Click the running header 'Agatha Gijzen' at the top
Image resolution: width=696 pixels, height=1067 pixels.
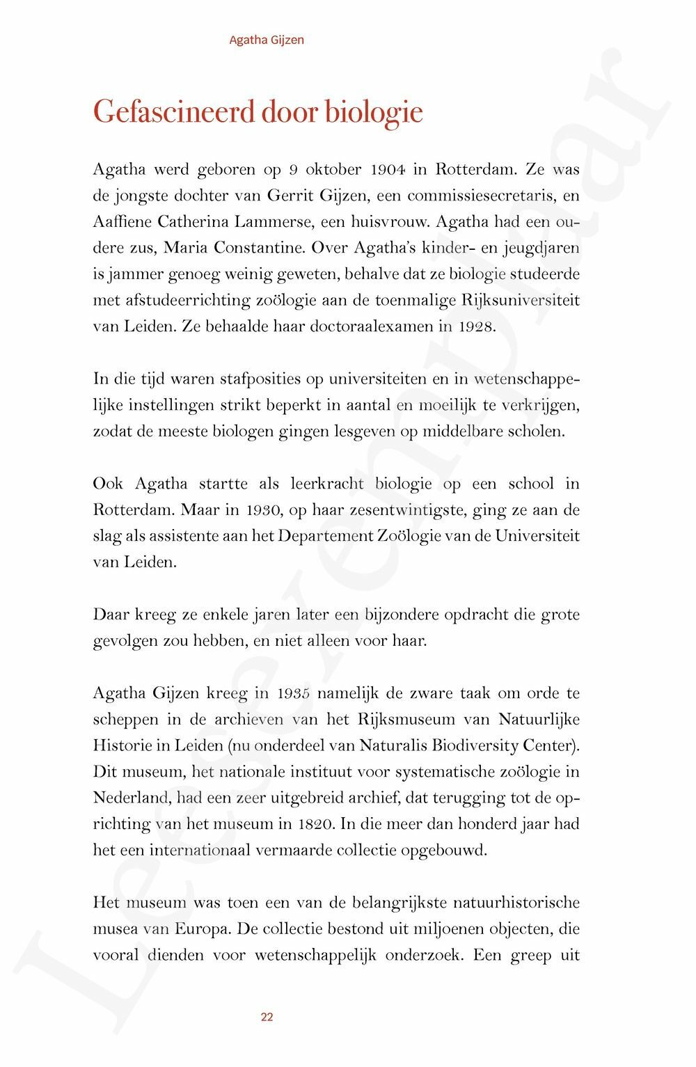267,40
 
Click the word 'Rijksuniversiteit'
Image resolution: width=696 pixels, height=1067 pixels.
521,300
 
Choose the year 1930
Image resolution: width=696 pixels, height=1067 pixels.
263,510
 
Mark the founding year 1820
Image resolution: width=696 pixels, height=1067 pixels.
319,824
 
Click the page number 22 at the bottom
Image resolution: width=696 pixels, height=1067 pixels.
267,1017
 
